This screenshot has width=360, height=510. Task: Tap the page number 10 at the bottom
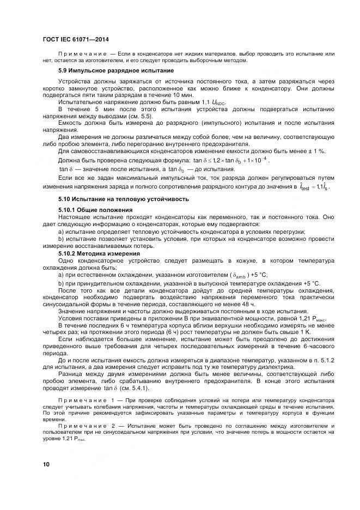point(46,464)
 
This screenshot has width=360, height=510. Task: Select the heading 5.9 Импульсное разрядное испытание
point(116,70)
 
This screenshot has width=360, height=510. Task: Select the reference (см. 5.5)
point(139,116)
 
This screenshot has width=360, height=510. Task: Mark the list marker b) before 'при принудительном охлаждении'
point(61,283)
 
